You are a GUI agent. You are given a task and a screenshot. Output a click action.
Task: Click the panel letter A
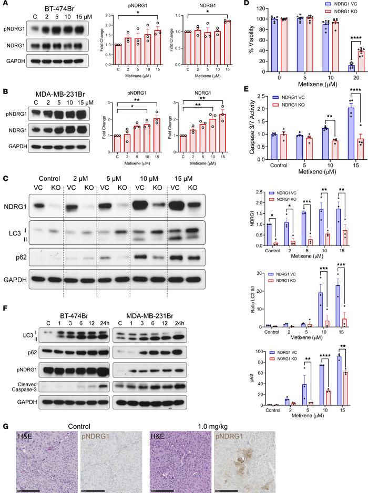4,4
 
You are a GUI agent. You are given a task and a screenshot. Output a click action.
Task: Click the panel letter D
250,4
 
